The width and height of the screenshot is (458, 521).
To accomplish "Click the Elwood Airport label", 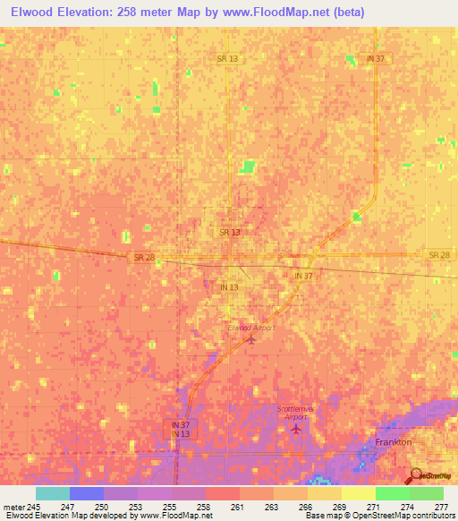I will tap(250, 328).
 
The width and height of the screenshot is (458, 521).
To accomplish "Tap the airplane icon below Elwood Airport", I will tap(250, 339).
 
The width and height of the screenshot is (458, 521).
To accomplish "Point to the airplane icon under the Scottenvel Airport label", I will tap(296, 430).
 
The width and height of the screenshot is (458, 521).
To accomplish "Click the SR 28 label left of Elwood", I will tap(143, 257).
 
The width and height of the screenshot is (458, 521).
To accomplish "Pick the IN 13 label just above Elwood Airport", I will tap(230, 286).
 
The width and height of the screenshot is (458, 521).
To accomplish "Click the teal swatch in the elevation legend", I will tap(52, 494).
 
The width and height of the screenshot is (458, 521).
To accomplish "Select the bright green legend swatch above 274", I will tap(392, 494).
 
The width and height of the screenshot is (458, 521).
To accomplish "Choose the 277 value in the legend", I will tap(441, 507).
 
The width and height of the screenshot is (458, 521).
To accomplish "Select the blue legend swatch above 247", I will tap(86, 494).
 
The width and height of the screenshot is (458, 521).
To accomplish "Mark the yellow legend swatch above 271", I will tap(358, 494).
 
